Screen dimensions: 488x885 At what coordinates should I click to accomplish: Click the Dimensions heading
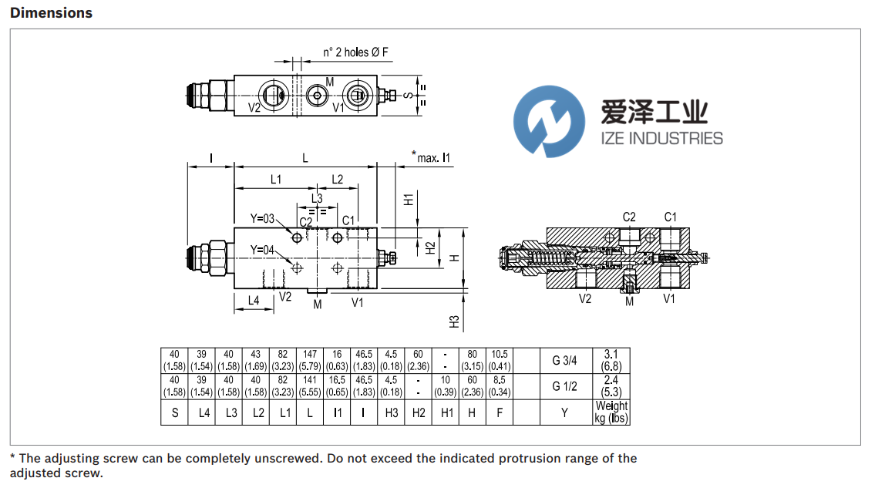[x=51, y=13]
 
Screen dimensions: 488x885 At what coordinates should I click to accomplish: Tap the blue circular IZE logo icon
[x=550, y=122]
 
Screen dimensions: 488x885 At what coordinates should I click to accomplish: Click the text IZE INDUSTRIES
[x=661, y=139]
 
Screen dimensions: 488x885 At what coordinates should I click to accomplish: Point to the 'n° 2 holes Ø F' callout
[x=355, y=53]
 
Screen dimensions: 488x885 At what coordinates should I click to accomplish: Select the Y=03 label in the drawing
[x=263, y=219]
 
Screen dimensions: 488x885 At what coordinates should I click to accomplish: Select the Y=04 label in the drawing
[x=263, y=250]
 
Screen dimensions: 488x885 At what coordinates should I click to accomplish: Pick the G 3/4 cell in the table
[x=565, y=361]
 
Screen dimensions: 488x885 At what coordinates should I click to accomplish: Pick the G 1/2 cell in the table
[x=565, y=387]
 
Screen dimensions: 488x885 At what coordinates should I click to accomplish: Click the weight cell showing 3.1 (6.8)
[x=611, y=361]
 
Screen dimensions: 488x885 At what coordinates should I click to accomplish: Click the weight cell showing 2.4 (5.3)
[x=611, y=387]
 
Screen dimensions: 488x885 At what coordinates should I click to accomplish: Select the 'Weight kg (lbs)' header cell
[x=611, y=412]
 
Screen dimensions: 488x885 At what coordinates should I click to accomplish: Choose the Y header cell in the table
[x=565, y=413]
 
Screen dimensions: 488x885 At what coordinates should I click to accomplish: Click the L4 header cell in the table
[x=204, y=413]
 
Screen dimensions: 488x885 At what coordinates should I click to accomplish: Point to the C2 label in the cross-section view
[x=629, y=217]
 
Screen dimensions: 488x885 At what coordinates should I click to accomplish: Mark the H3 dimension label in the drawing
[x=454, y=321]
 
